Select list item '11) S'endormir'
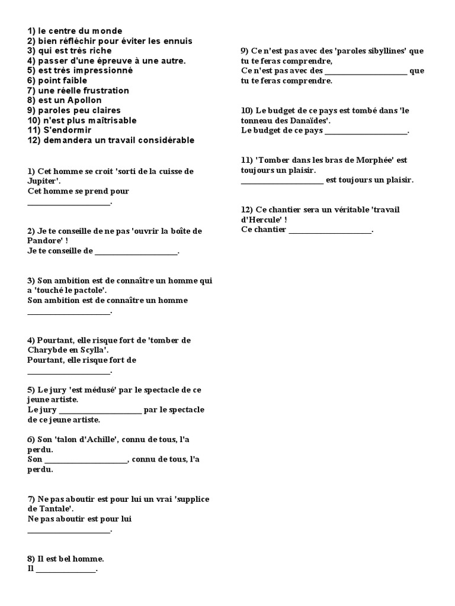pyautogui.click(x=58, y=130)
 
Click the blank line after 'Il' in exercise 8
pyautogui.click(x=66, y=569)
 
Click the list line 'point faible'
pyautogui.click(x=56, y=80)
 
